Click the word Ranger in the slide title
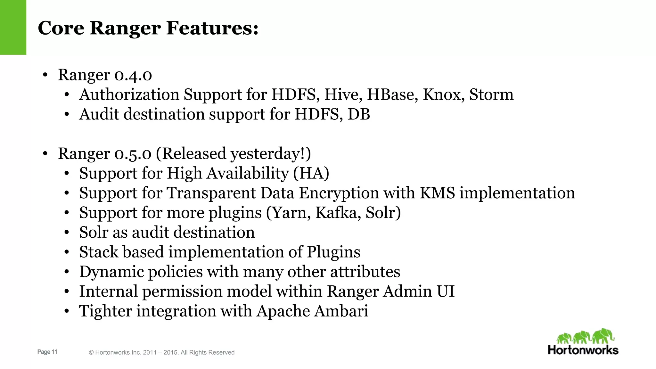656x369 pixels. coord(125,28)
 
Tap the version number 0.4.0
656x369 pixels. coord(133,75)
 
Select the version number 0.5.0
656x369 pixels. coord(133,153)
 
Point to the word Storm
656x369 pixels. coord(491,94)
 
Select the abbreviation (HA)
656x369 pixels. coord(311,173)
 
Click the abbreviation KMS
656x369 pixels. coord(437,193)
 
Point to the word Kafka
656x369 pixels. coord(336,213)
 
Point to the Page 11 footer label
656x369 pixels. coord(47,352)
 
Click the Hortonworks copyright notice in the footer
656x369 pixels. coord(162,352)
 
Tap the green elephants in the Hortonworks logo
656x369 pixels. coord(585,336)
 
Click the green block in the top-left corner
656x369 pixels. coord(13,27)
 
